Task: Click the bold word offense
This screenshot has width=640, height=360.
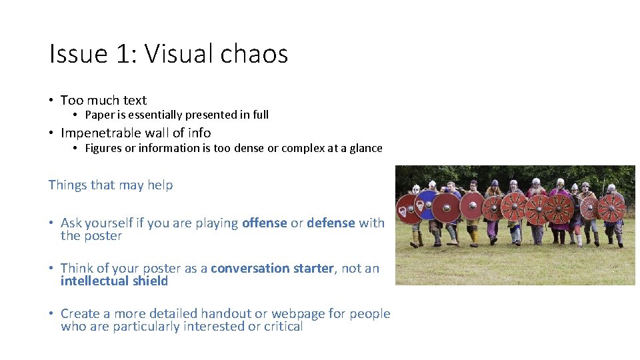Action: click(264, 223)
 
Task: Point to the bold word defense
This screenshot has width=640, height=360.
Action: click(331, 223)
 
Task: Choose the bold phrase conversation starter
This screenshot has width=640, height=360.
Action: click(272, 268)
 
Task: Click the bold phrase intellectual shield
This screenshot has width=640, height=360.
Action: click(114, 281)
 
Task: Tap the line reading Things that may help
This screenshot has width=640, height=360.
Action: click(111, 185)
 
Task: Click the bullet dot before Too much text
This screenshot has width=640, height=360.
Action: click(51, 101)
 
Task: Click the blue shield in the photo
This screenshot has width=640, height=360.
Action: click(426, 205)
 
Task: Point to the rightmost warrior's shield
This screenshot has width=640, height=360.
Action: click(611, 207)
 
